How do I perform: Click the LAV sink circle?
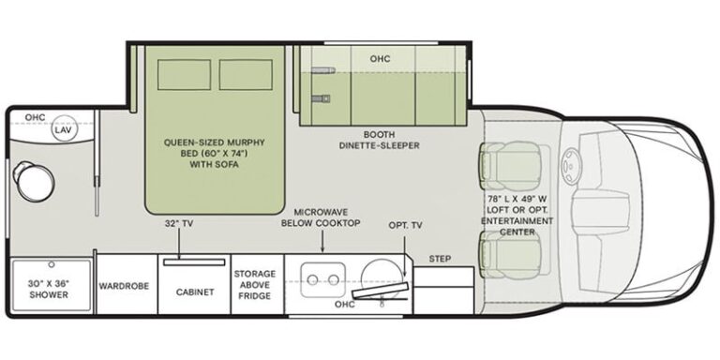pos(65,127)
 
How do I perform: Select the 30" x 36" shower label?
pos(49,290)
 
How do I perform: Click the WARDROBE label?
pos(124,286)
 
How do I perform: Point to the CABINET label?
pos(195,292)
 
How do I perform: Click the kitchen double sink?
pos(322,279)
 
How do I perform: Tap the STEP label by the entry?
pos(440,259)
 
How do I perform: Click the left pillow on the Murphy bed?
pos(184,74)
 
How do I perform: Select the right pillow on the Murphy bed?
pos(246,74)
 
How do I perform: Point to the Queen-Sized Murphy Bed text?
pos(215,153)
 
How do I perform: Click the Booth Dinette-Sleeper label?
pos(380,140)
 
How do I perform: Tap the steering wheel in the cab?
pos(572,167)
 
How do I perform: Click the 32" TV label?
pos(178,224)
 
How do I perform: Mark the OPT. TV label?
pos(405,225)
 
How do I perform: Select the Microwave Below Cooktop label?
pos(321,217)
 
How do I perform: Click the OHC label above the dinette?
pos(380,59)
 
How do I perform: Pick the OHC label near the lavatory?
pos(35,117)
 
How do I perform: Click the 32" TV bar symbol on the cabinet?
pos(194,262)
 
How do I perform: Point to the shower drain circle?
pos(52,265)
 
